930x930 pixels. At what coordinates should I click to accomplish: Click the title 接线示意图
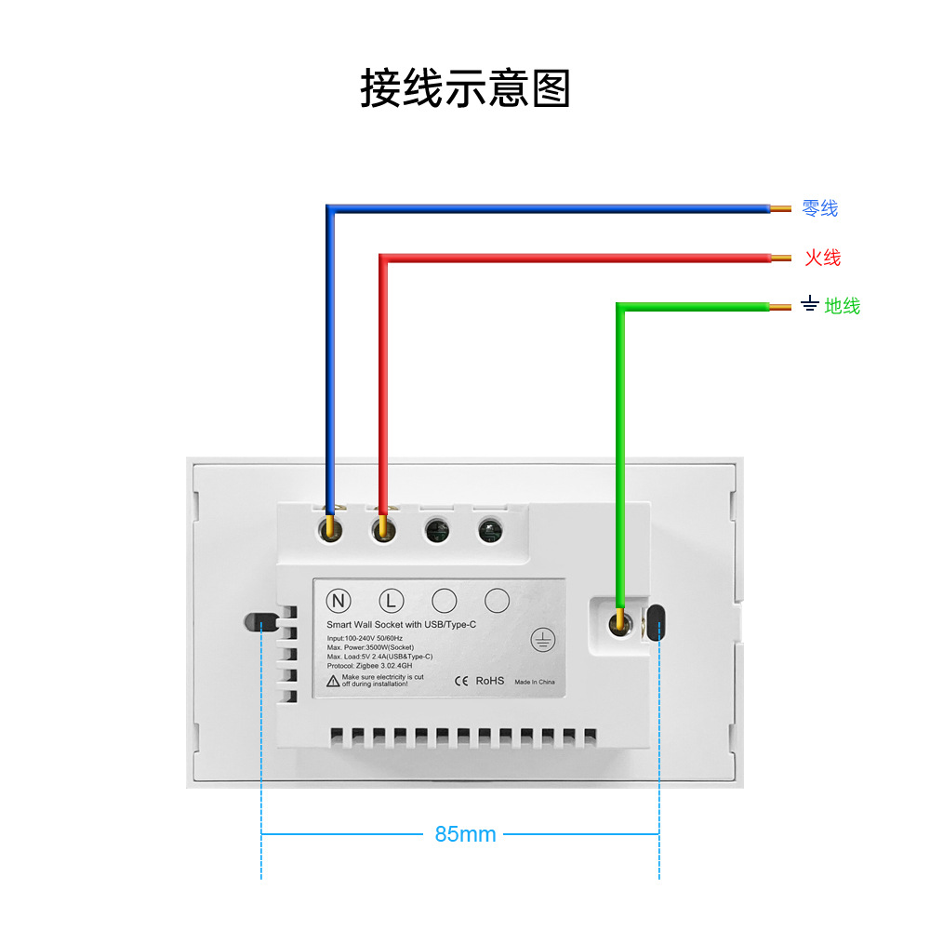click(x=464, y=89)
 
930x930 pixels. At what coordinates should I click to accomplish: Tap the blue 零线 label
click(x=819, y=208)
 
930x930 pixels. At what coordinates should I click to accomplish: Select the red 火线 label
click(x=822, y=258)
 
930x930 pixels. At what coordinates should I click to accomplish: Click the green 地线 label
click(x=843, y=306)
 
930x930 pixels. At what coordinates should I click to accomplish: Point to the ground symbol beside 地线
click(x=809, y=305)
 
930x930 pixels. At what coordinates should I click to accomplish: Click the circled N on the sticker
click(x=339, y=600)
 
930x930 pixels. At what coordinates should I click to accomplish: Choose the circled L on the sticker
click(x=392, y=600)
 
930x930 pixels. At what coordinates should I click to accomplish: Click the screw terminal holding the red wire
click(x=382, y=530)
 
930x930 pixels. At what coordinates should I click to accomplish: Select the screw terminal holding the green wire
click(x=618, y=623)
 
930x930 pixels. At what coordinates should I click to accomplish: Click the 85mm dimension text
click(x=465, y=834)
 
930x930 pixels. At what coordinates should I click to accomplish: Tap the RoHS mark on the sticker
click(x=490, y=681)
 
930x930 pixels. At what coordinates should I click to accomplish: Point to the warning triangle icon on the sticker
click(x=333, y=681)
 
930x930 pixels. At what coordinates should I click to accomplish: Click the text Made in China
click(x=534, y=682)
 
